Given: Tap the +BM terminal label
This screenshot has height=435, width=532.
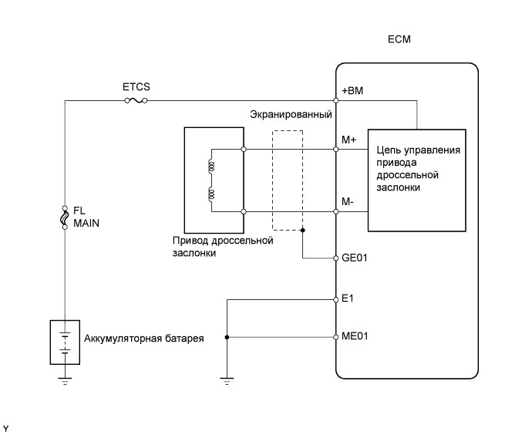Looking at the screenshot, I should pyautogui.click(x=352, y=91).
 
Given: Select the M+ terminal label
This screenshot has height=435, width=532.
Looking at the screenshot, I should pyautogui.click(x=349, y=139).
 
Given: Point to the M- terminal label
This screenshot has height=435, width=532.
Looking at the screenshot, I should pyautogui.click(x=348, y=202).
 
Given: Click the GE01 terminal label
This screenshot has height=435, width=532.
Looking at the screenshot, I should pyautogui.click(x=354, y=258).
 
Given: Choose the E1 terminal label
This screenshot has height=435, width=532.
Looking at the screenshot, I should pyautogui.click(x=347, y=297).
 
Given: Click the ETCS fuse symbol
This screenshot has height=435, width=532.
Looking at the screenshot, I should pyautogui.click(x=136, y=99).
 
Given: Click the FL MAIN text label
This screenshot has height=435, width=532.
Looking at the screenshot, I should pyautogui.click(x=86, y=216).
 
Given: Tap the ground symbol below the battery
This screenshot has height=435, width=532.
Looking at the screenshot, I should pyautogui.click(x=65, y=379).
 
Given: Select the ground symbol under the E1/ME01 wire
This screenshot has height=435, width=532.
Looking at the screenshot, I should pyautogui.click(x=227, y=379).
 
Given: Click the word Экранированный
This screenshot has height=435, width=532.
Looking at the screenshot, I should pyautogui.click(x=291, y=114).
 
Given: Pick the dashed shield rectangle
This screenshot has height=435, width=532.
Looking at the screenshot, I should pyautogui.click(x=287, y=180).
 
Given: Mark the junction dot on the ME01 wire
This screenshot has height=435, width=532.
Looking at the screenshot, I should pyautogui.click(x=227, y=337).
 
